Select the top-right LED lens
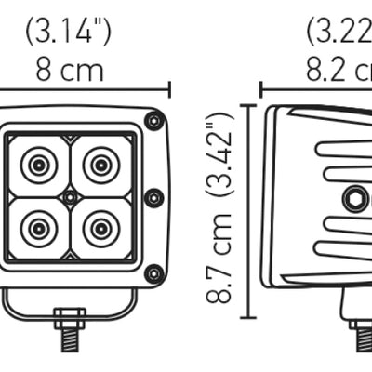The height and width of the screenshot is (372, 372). coord(99,166)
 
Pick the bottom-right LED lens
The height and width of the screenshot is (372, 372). coord(99,226)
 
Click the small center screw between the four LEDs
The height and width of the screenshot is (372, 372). coord(70,197)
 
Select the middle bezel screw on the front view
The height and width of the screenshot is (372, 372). coord(154,197)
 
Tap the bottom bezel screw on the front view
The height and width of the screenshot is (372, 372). coord(154,272)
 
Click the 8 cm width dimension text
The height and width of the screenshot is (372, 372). coord(71,70)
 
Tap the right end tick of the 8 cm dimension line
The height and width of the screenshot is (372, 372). coord(170,89)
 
